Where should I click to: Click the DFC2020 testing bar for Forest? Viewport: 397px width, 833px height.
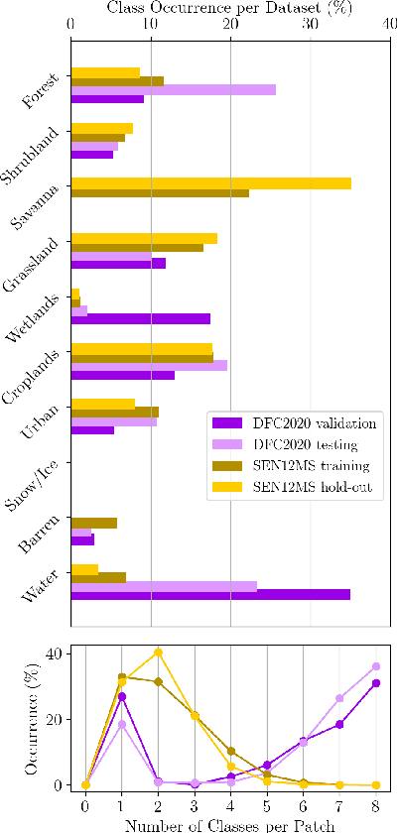173,89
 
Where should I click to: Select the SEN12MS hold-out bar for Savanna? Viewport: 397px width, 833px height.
210,183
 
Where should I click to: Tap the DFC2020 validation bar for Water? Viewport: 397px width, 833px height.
210,594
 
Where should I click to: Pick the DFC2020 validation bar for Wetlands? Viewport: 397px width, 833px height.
141,318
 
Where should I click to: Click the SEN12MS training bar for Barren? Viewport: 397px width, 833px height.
94,523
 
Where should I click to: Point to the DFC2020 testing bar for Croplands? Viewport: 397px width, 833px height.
149,365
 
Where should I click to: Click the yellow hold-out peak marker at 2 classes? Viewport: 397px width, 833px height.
158,653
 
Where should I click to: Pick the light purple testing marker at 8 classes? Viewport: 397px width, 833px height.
376,666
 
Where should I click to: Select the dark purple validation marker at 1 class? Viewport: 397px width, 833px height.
122,696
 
